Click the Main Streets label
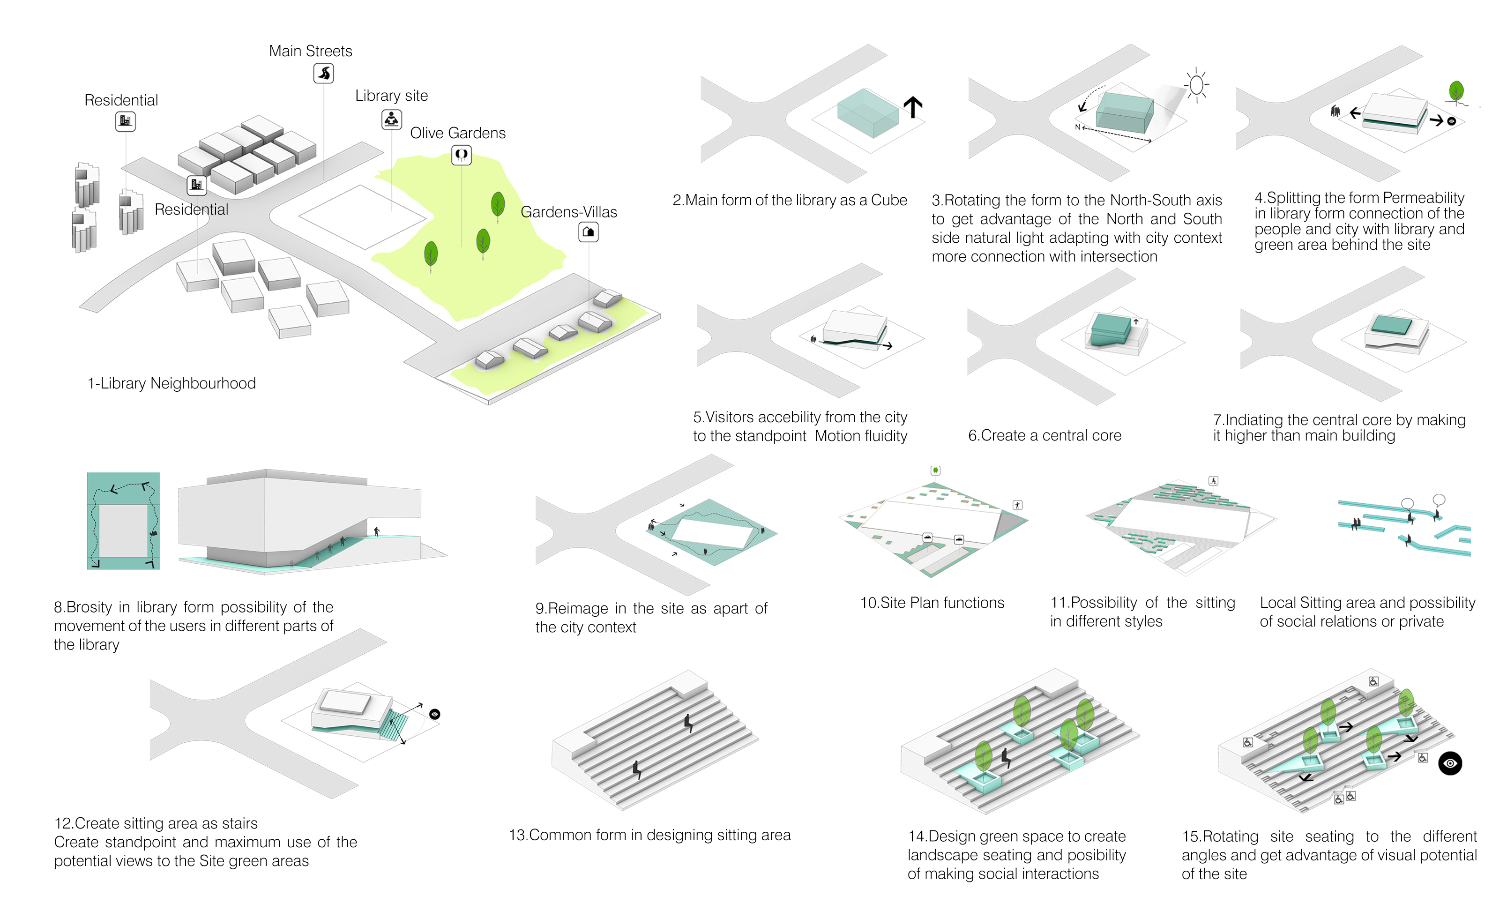pos(310,51)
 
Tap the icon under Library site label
pos(391,119)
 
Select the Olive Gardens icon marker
pos(462,155)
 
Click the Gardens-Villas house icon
pos(588,232)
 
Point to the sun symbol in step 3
pos(1196,85)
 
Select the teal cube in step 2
pos(867,112)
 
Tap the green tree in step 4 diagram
pos(1456,92)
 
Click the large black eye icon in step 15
pos(1450,763)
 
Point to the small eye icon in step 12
pos(434,714)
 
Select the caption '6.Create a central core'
pos(1044,435)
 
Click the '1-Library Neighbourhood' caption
pos(172,383)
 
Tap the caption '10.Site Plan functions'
pos(932,603)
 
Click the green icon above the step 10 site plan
pos(935,470)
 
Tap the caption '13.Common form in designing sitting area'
pos(649,835)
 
